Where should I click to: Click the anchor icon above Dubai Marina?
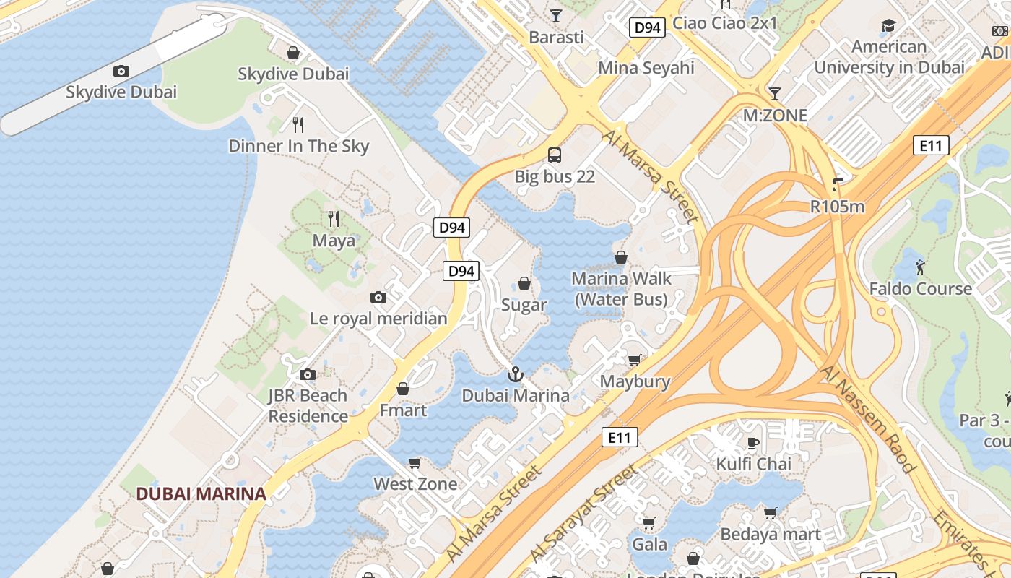click(515, 374)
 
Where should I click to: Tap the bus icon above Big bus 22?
click(555, 155)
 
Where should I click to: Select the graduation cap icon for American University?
click(888, 27)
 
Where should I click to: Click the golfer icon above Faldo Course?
click(919, 267)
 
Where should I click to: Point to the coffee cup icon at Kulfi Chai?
click(753, 443)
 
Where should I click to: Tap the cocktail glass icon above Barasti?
click(555, 15)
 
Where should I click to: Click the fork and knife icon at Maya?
click(333, 218)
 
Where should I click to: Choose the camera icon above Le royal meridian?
click(378, 297)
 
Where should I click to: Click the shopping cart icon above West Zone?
click(415, 462)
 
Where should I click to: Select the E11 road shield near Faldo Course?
click(931, 145)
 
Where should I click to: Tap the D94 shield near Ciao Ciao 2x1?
click(646, 27)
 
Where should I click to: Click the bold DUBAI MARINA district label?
click(201, 494)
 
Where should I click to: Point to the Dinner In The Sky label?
click(298, 146)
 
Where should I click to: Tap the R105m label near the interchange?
click(837, 207)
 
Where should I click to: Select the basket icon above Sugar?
click(524, 283)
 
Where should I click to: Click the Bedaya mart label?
click(771, 535)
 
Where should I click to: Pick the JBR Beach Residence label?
click(308, 406)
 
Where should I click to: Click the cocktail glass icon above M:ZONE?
click(775, 93)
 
